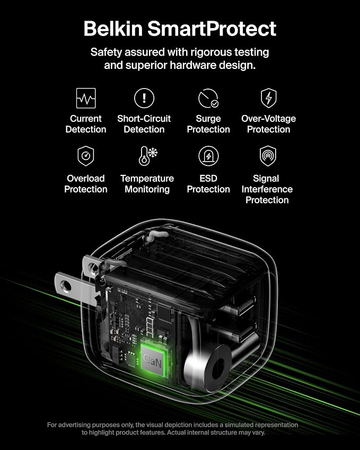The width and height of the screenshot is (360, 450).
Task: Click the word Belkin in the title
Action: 113,29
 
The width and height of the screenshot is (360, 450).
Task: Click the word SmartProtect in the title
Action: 212,29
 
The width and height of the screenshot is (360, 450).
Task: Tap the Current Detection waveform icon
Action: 86,98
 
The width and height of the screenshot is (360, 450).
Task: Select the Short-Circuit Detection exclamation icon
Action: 144,98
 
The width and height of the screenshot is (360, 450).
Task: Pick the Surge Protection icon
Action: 208,98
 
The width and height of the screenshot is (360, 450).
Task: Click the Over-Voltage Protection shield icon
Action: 268,98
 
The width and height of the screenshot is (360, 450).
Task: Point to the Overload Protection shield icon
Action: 86,156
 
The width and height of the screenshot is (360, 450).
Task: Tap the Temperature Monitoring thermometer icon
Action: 148,156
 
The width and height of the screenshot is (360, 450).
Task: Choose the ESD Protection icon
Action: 208,156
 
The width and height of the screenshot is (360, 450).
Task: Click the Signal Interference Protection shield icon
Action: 268,156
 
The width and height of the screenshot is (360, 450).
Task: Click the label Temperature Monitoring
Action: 147,184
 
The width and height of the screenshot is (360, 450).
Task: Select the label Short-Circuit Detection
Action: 144,124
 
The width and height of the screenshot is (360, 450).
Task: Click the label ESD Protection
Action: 208,184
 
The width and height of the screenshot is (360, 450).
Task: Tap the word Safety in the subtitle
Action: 106,52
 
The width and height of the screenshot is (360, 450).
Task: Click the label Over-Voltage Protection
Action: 268,124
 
